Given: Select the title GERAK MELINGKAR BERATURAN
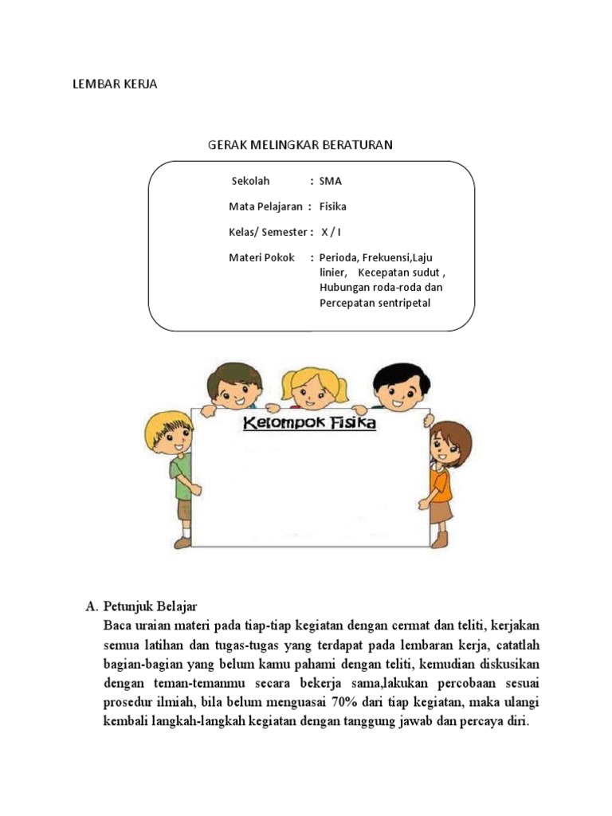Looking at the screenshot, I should [x=300, y=145].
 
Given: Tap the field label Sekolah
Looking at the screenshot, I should [x=251, y=181].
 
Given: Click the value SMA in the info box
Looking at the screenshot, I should [x=330, y=181].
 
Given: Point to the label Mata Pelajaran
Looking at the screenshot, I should [x=265, y=206].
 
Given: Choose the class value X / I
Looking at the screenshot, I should [x=331, y=232].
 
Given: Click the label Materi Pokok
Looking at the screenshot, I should [x=261, y=257].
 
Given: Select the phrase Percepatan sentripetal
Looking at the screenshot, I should [x=375, y=304].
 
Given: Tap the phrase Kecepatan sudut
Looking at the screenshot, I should [x=406, y=273].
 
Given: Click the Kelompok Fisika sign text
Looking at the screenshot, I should [x=309, y=423].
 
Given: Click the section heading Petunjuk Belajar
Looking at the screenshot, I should [x=156, y=606].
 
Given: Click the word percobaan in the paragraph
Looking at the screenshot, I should [x=458, y=683].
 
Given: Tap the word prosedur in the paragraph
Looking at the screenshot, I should [x=128, y=702].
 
